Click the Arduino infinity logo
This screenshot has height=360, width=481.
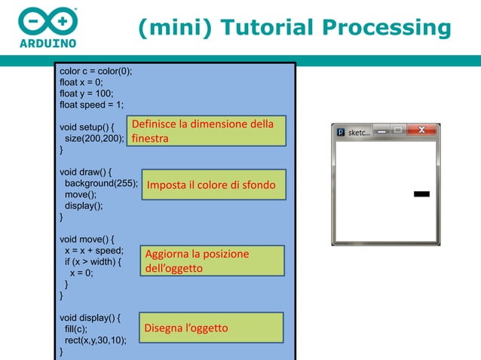(x=47, y=20)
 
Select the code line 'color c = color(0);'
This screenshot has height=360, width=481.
(x=96, y=72)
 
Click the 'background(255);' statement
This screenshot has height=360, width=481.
(x=101, y=183)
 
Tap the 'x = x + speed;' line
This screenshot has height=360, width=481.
(x=94, y=251)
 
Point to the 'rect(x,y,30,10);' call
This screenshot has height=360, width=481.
(x=96, y=340)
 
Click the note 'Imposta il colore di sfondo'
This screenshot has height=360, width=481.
(x=211, y=185)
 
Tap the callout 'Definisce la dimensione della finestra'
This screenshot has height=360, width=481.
(x=205, y=131)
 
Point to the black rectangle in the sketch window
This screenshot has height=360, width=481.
(x=422, y=194)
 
